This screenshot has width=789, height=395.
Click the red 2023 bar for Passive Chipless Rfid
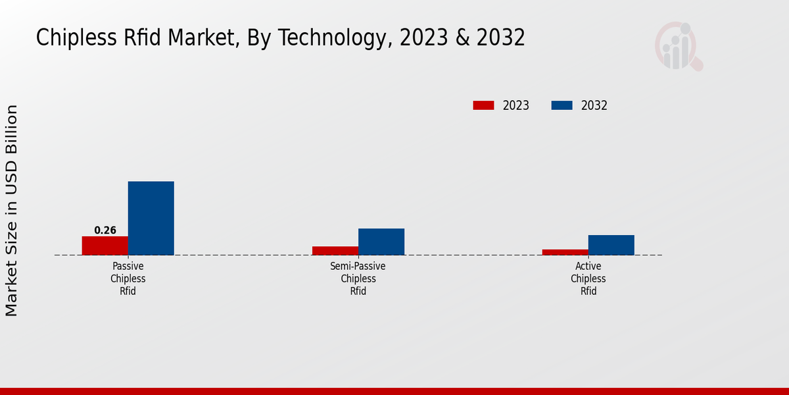(105, 246)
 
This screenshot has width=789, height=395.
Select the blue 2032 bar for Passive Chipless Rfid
(151, 218)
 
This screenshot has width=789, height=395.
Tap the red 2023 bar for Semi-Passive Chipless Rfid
(335, 251)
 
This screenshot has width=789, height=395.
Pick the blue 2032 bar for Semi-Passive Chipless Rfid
(381, 242)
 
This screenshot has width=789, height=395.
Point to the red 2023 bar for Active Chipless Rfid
(565, 252)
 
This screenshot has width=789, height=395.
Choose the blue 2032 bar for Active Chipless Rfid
(611, 245)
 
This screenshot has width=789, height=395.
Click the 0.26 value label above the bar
(105, 230)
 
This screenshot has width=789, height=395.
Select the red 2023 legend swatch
(483, 105)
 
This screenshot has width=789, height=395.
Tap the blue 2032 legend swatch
(562, 105)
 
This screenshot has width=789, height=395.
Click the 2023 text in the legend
(516, 105)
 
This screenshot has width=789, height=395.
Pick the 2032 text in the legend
(594, 105)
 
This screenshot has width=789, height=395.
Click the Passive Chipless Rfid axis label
(128, 278)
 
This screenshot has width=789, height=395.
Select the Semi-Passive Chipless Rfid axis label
(358, 278)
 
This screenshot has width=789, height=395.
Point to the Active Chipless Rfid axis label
(588, 278)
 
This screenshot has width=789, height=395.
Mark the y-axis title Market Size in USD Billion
(12, 211)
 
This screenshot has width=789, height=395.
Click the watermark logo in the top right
(678, 46)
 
